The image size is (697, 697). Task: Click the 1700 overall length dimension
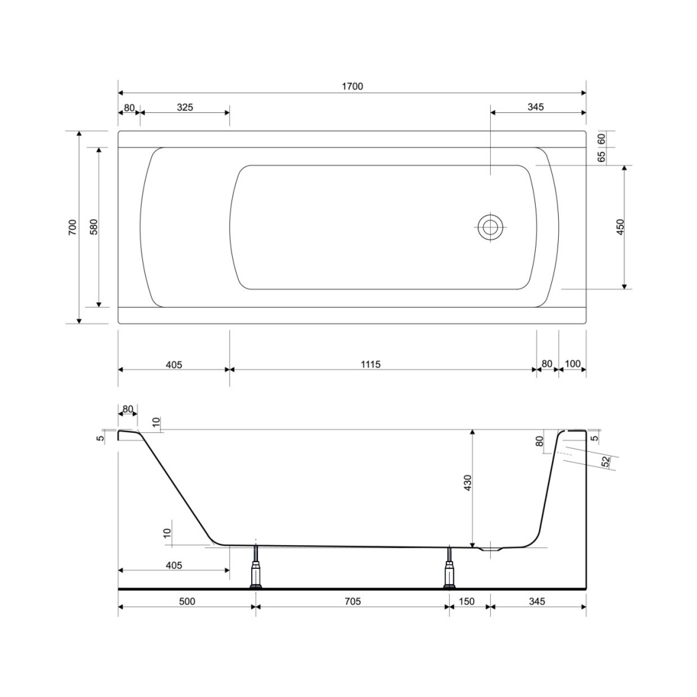352,86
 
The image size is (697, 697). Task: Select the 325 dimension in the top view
185,107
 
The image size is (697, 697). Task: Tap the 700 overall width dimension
72,227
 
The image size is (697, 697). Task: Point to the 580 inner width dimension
93,227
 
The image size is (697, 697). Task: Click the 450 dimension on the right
621,227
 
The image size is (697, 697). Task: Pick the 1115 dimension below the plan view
370,365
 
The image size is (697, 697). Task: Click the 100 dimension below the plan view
572,363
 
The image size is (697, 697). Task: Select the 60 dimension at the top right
602,139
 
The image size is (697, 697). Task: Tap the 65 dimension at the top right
602,157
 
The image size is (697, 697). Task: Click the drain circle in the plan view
490,227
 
